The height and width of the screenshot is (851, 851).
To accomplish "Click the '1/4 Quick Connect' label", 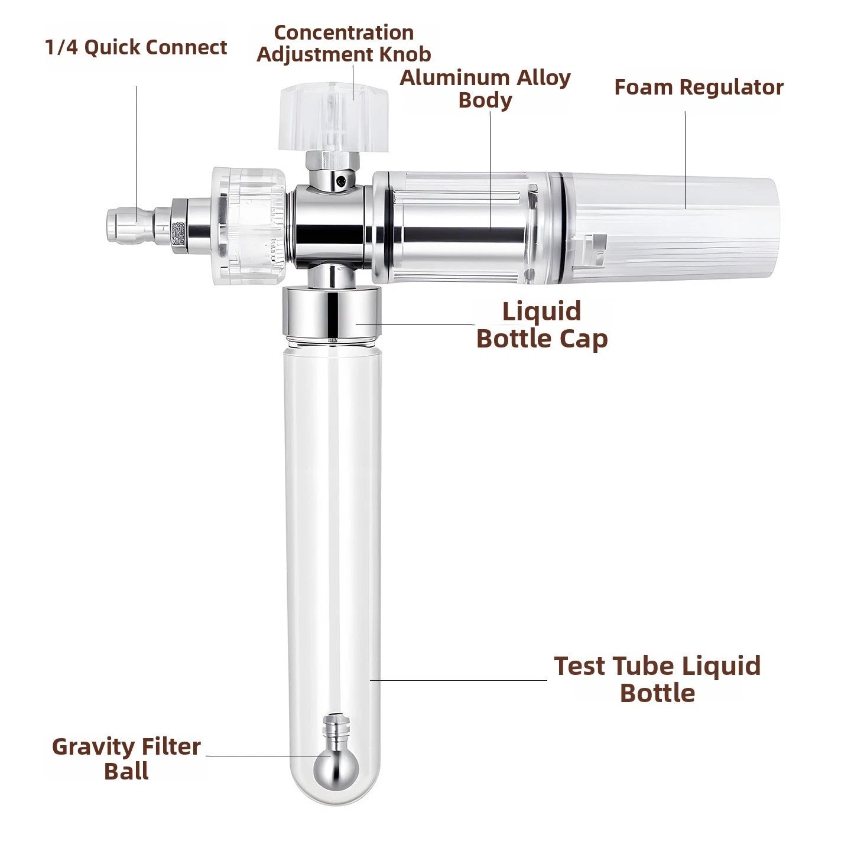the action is [136, 48].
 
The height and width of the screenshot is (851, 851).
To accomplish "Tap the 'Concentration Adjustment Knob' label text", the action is [343, 44].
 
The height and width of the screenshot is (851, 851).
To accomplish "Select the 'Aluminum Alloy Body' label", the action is [485, 89].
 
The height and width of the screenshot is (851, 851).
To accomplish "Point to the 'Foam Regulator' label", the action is [699, 87].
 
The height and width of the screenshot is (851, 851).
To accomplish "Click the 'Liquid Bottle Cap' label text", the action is [542, 325].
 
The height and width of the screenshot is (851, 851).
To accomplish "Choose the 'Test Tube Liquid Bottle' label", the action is [657, 680].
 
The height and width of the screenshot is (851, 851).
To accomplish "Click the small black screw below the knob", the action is [340, 180].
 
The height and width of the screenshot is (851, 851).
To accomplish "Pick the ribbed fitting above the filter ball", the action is [336, 730].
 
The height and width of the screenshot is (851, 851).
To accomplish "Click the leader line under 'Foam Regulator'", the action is [686, 160].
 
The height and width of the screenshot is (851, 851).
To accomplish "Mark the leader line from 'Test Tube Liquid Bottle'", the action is [459, 680].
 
